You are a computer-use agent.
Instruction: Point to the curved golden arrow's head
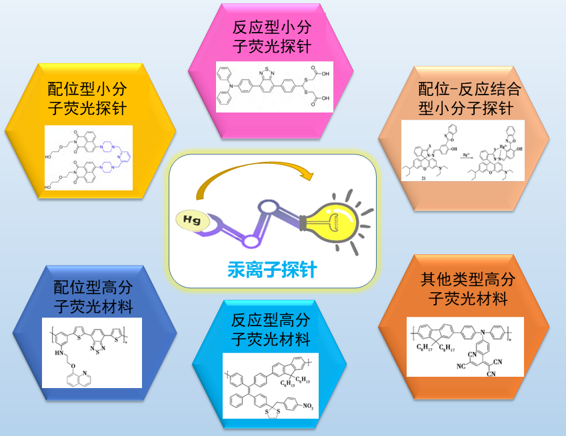pos(307,177)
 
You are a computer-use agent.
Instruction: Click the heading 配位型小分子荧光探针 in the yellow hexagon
pos(87,98)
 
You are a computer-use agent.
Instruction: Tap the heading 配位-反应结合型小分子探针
pos(469,99)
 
